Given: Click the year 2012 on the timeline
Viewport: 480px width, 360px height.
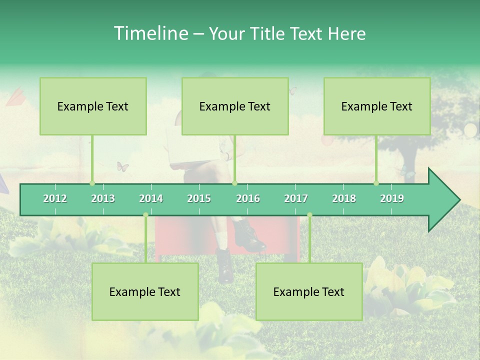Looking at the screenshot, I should (55, 199).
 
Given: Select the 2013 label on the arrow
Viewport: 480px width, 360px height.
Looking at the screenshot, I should (103, 199).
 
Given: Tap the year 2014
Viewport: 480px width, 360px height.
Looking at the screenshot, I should (151, 199).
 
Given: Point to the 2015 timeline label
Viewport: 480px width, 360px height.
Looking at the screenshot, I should (199, 199).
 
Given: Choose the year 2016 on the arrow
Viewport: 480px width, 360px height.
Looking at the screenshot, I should (248, 199).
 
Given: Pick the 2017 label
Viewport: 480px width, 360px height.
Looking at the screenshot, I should (296, 199).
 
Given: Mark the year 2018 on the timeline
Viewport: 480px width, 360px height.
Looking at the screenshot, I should (344, 199).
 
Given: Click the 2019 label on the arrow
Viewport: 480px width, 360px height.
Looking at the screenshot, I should (392, 199).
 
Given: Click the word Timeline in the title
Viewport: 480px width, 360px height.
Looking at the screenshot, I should (150, 33).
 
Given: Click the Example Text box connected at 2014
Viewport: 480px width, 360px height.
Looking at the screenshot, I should (145, 292).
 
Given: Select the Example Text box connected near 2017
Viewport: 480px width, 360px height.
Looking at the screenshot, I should (309, 292).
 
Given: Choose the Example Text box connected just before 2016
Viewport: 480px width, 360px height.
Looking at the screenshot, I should (235, 106).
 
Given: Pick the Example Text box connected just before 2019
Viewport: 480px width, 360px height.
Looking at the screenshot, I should (377, 106).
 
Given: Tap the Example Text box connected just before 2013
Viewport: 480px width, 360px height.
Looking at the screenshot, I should (93, 106).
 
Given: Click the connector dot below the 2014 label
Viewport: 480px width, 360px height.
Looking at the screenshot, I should (145, 215).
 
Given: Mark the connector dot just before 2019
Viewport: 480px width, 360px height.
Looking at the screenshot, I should (376, 183).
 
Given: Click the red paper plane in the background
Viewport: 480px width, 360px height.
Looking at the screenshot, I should (15, 96).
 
